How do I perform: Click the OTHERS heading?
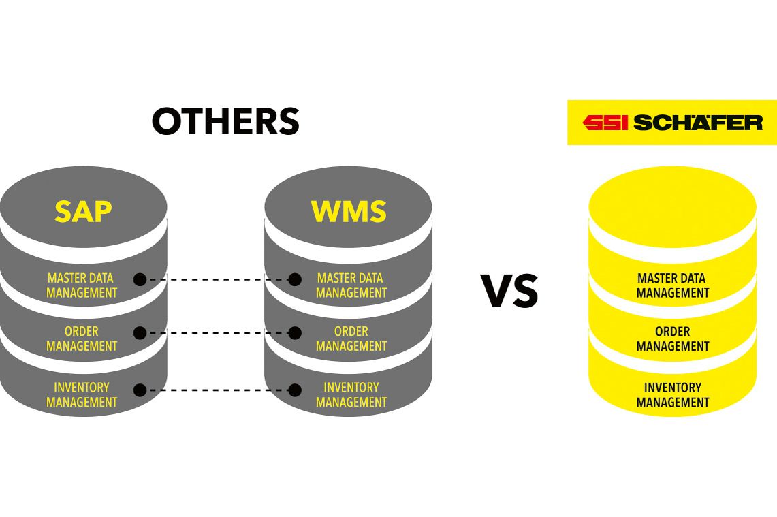(x=225, y=122)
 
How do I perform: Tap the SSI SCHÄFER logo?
(x=672, y=123)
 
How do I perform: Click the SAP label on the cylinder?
(x=83, y=212)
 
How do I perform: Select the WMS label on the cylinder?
(x=349, y=212)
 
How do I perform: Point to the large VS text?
(x=509, y=292)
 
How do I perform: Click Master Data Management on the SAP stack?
(x=82, y=285)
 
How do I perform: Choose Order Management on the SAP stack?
(x=82, y=339)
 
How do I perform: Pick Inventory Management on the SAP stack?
(x=82, y=394)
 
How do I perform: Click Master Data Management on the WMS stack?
(x=351, y=285)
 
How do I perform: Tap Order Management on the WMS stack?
(x=351, y=339)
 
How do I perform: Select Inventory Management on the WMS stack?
(x=351, y=394)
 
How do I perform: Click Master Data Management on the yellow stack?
(x=672, y=285)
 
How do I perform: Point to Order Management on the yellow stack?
(x=672, y=339)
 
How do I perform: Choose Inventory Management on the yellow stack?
(x=672, y=394)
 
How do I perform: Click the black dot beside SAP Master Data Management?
(x=140, y=279)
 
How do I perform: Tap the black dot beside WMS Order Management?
(x=295, y=333)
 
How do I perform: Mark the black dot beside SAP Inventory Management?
(x=140, y=390)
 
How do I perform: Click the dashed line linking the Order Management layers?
(x=217, y=333)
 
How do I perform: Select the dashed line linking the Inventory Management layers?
(x=217, y=390)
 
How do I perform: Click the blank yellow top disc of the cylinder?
(x=672, y=208)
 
